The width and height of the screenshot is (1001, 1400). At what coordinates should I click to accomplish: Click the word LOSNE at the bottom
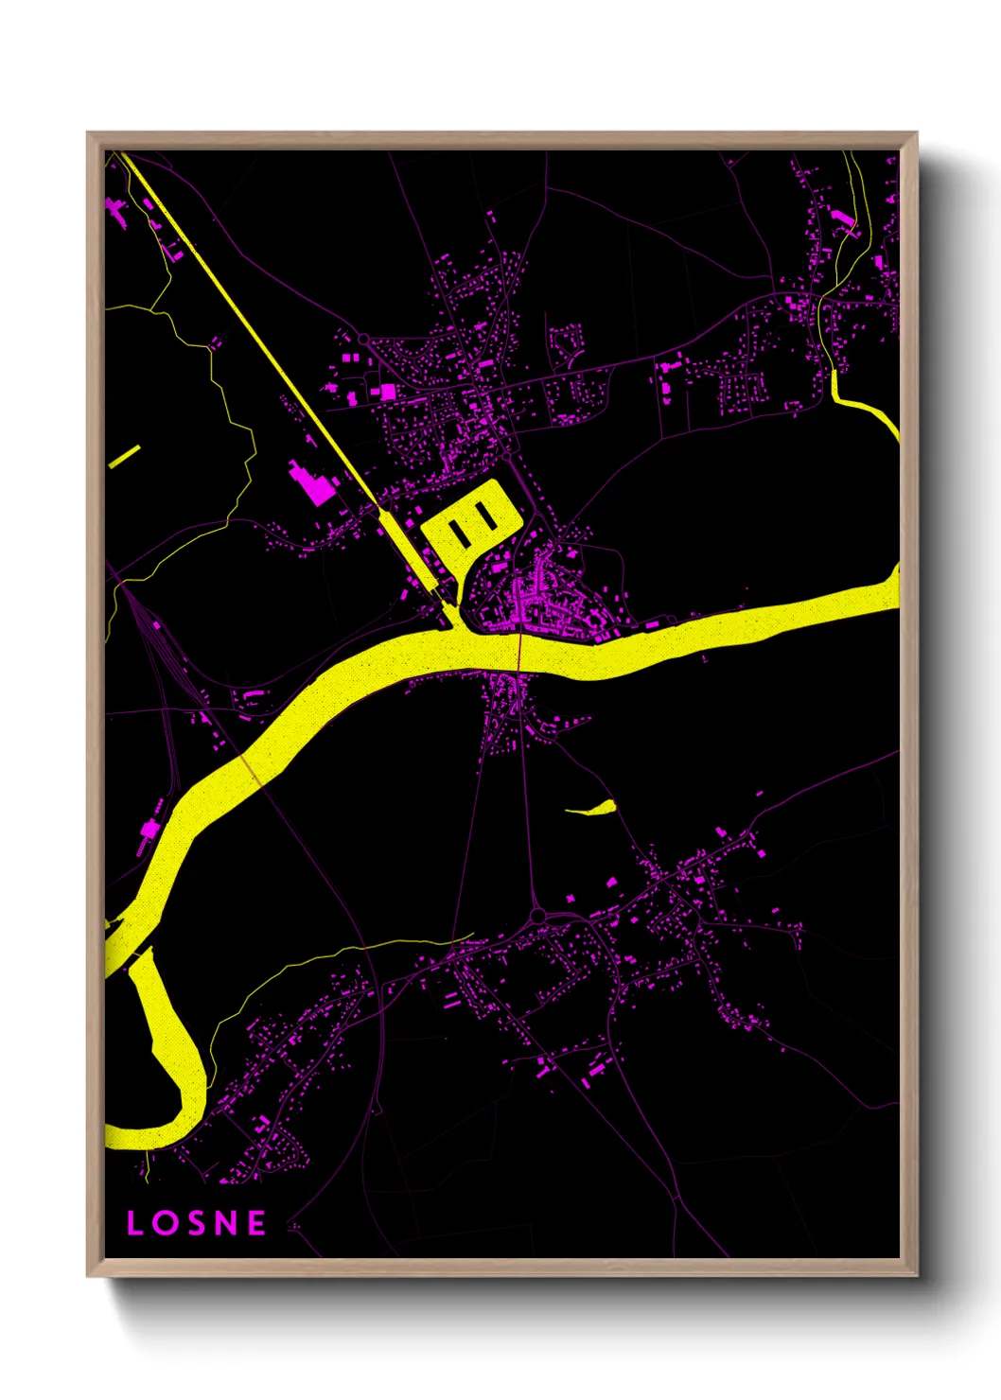197,1223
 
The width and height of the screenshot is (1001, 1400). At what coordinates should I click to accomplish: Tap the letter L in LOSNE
134,1223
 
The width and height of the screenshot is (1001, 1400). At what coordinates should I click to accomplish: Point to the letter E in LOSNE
256,1223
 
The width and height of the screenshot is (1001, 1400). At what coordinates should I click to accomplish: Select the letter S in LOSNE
195,1223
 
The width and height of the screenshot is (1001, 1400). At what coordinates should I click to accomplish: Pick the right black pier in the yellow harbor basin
487,516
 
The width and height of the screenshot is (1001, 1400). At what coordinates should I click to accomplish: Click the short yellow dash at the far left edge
124,456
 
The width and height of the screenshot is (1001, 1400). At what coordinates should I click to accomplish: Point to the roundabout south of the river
537,916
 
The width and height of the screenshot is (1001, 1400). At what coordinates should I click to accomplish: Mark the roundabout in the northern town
362,339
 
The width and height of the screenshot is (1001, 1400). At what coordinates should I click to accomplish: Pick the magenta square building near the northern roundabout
387,390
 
